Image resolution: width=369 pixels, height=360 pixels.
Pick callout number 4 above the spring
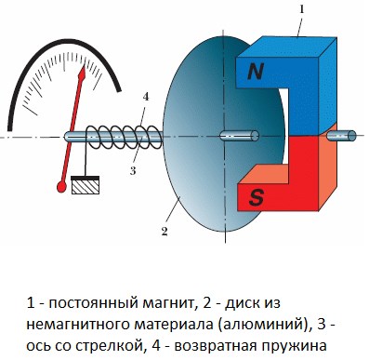point(145,97)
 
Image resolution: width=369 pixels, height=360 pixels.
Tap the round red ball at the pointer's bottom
point(62,187)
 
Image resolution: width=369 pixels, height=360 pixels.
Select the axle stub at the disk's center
point(238,136)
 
